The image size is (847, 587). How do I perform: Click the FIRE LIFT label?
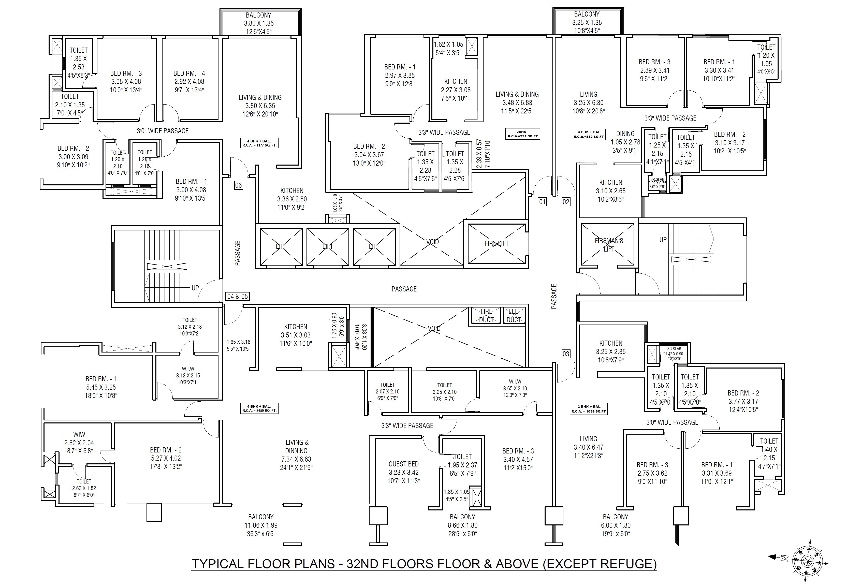click(x=496, y=243)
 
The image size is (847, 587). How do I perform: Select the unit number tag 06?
click(x=238, y=185)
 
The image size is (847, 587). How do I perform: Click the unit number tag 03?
click(x=566, y=354)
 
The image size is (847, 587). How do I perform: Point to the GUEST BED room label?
click(x=403, y=464)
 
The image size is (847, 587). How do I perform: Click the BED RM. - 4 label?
click(x=189, y=74)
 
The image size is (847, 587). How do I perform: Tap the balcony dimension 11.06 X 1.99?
click(x=261, y=525)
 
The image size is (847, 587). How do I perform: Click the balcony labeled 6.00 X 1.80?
click(x=615, y=525)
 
